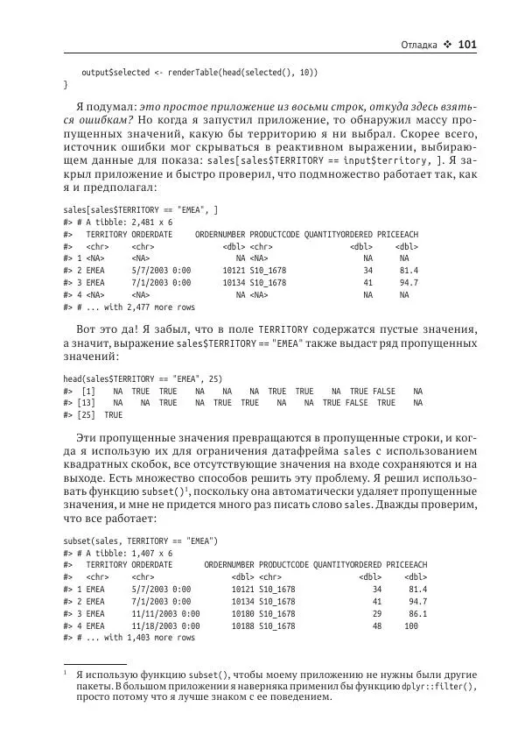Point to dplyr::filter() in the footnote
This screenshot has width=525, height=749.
pos(426,689)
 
